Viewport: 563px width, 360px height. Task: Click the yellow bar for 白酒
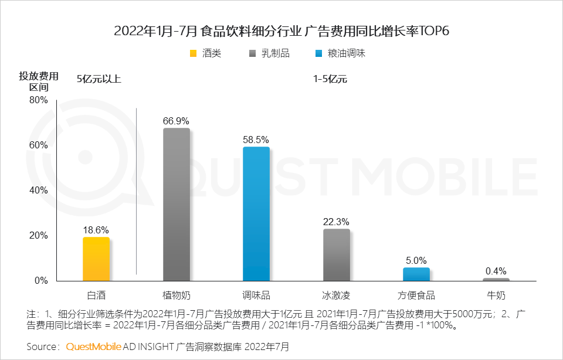click(96, 259)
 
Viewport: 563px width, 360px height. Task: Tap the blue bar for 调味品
click(256, 213)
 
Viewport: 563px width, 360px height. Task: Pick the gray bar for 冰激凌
click(336, 254)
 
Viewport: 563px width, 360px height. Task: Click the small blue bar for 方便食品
click(416, 274)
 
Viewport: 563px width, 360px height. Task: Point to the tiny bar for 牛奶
click(496, 279)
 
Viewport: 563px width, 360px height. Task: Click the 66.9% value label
click(176, 121)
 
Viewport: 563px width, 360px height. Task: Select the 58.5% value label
click(256, 140)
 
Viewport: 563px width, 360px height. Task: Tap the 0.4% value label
click(496, 271)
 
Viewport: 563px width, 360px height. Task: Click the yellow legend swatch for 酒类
click(193, 54)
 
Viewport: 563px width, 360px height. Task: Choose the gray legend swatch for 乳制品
click(253, 54)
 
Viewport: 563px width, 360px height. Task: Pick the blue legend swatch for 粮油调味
click(319, 54)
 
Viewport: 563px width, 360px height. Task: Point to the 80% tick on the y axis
click(39, 100)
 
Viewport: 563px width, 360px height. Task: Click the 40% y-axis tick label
click(39, 191)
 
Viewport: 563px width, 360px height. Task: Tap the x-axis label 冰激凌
click(336, 295)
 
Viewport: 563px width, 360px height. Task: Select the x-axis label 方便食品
click(416, 295)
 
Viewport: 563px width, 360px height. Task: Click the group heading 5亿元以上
click(99, 79)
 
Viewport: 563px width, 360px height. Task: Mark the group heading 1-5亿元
click(330, 79)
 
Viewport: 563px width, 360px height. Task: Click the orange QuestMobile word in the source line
click(93, 347)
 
